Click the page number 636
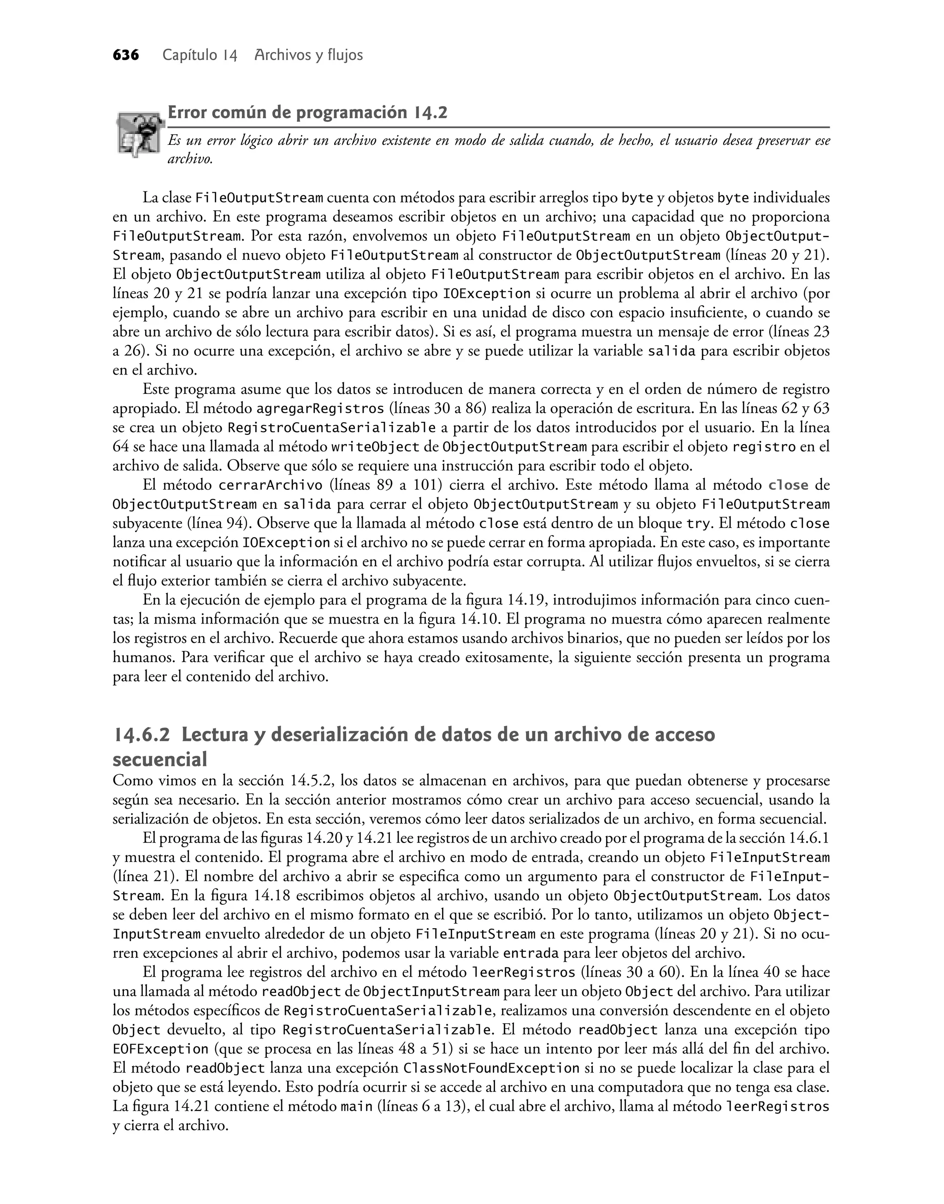(x=125, y=55)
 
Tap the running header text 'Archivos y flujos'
(x=308, y=55)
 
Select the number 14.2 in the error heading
(x=430, y=113)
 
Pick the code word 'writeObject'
(x=372, y=447)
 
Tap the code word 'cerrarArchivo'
(x=271, y=486)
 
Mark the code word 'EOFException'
(x=161, y=1049)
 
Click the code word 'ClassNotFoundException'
(x=492, y=1068)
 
